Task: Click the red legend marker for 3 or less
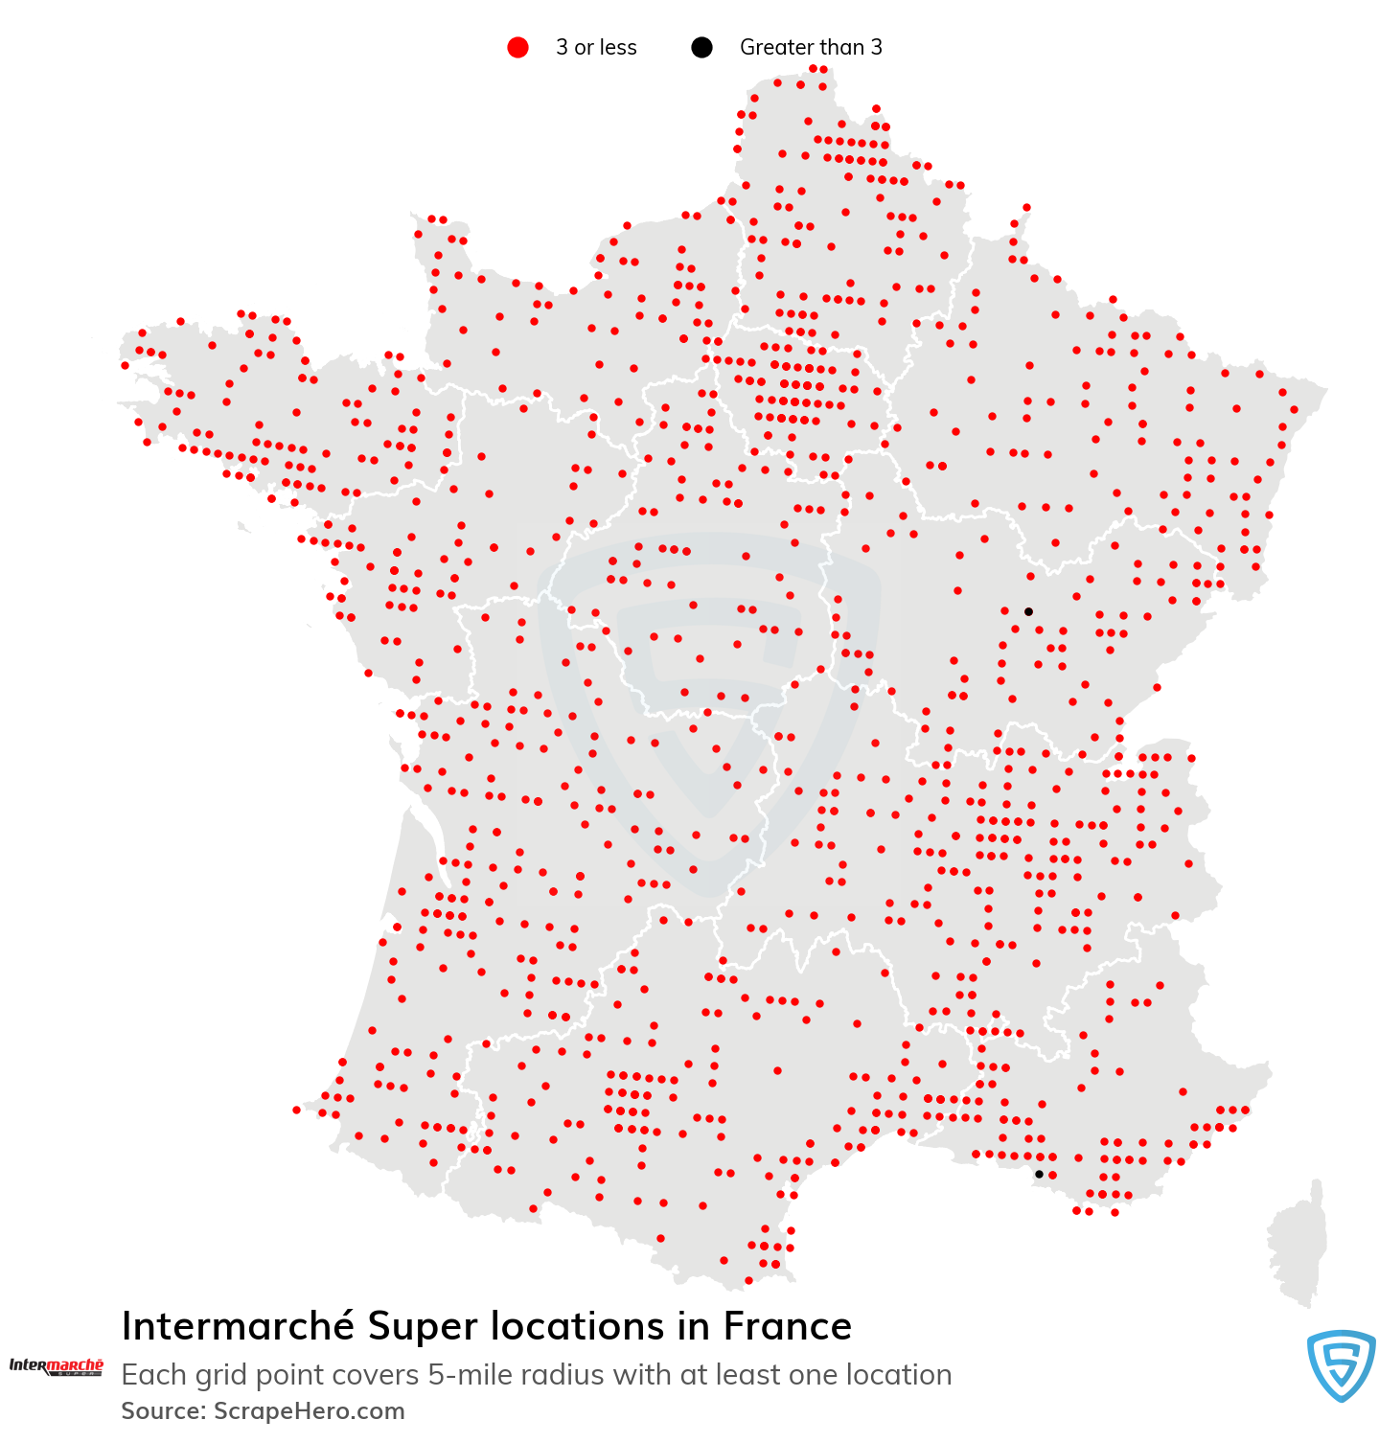click(517, 47)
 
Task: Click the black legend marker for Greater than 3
click(701, 47)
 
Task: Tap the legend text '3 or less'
click(595, 47)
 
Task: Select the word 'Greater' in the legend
click(775, 47)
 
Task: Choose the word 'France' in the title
click(787, 1326)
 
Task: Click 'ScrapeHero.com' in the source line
click(309, 1411)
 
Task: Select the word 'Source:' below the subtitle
click(163, 1411)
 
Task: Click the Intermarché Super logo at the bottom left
click(56, 1366)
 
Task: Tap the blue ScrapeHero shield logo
click(1341, 1364)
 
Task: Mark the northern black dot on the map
click(1028, 611)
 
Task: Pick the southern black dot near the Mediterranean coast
click(1039, 1174)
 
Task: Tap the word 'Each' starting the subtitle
click(152, 1375)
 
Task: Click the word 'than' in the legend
click(839, 47)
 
